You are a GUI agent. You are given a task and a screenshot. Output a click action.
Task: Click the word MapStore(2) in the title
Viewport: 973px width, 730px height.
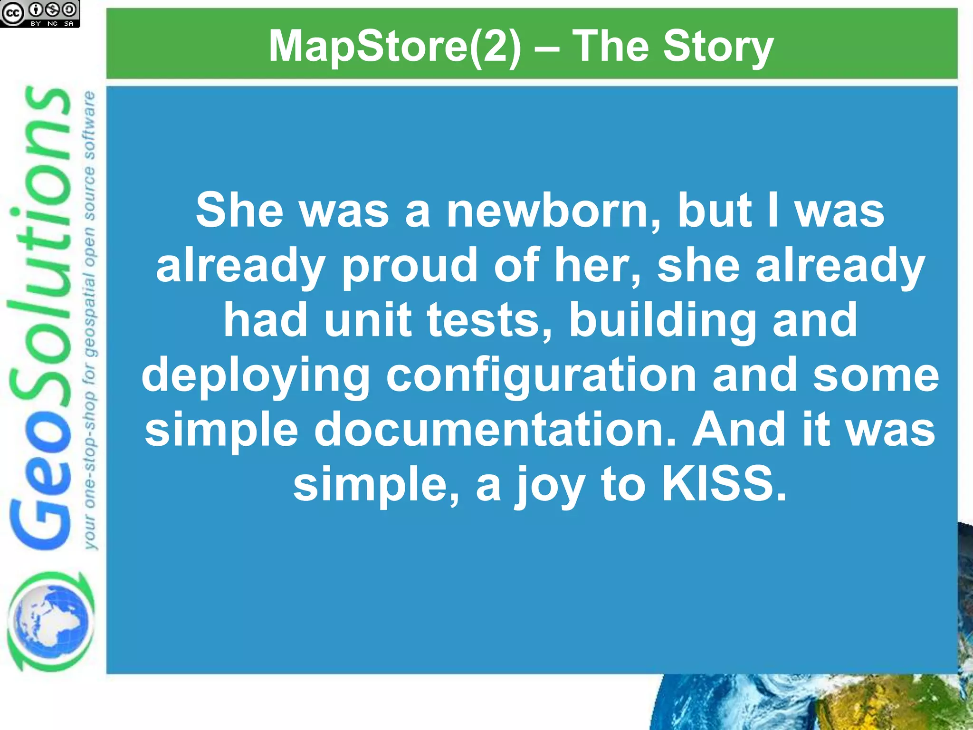pos(395,47)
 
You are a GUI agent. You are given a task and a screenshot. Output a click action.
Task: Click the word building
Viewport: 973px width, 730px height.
pos(663,320)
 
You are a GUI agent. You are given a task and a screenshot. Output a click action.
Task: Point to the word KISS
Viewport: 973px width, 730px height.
pos(724,484)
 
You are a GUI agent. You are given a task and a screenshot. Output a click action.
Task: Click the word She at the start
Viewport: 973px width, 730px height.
pos(239,211)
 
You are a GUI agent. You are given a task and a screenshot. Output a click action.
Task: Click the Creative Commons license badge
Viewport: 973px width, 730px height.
pos(40,13)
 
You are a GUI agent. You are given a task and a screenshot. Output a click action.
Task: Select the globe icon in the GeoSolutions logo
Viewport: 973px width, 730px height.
pos(50,621)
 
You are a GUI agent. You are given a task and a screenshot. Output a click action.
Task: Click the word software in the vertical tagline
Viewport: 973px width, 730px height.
pos(89,126)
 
